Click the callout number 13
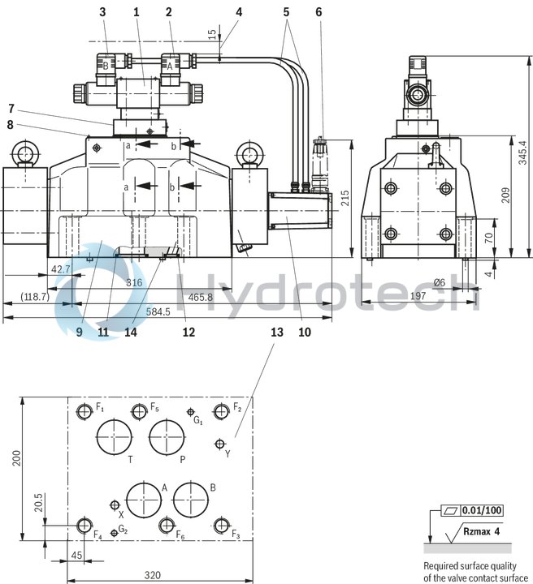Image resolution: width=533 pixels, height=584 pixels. [277, 332]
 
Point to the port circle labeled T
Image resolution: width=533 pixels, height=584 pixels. [114, 438]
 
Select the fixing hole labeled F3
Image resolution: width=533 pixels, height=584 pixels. [219, 525]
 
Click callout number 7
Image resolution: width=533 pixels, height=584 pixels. [11, 108]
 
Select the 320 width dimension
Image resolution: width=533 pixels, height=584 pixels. [153, 575]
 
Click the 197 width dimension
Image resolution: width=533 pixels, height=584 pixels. [417, 297]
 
